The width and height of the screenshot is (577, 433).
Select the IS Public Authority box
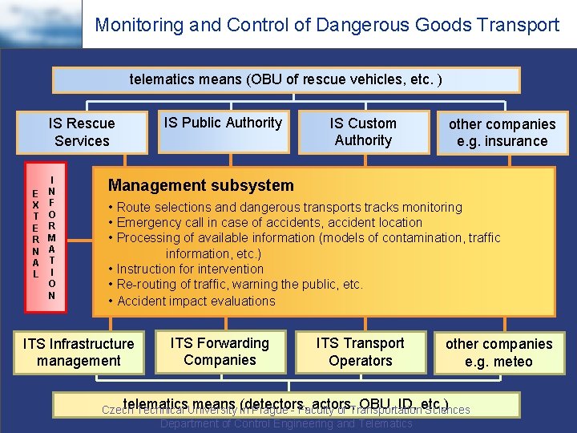[223, 130]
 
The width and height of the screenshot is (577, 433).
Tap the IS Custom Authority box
[363, 132]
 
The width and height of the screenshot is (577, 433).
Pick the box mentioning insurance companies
[502, 133]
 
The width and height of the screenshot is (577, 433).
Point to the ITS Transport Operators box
[361, 352]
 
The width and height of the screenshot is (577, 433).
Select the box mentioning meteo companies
[499, 353]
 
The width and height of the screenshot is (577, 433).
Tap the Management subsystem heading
[201, 185]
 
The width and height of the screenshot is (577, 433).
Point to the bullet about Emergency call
[270, 222]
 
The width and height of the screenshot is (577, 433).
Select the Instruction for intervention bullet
[191, 269]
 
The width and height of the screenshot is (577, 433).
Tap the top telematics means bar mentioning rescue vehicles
[286, 80]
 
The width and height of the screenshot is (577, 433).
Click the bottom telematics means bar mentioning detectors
[286, 402]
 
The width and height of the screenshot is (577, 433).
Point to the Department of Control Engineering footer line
[286, 423]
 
